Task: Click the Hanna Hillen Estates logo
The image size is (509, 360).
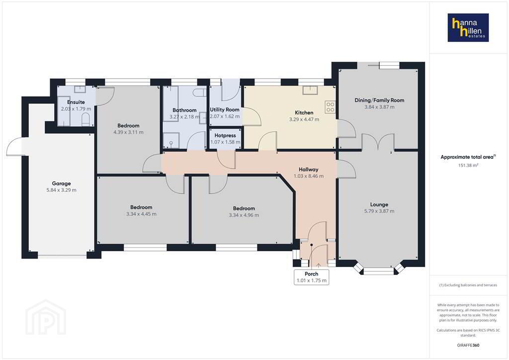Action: click(x=468, y=27)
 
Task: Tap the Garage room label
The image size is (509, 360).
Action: click(x=61, y=183)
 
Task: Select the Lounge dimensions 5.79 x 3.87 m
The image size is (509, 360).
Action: click(x=379, y=211)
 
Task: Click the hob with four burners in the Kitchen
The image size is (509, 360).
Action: click(x=330, y=107)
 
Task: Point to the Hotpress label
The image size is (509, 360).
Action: click(x=225, y=135)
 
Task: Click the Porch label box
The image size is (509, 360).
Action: click(x=311, y=277)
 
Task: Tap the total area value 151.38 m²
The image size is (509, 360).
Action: click(x=468, y=165)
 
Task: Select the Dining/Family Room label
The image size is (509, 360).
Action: click(x=379, y=100)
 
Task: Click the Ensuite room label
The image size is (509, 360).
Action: click(x=76, y=102)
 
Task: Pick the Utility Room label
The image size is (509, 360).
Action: click(x=225, y=110)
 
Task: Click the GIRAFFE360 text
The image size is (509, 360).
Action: click(x=468, y=345)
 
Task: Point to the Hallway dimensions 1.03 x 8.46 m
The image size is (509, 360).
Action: click(x=308, y=176)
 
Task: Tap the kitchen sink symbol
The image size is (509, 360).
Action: click(x=310, y=90)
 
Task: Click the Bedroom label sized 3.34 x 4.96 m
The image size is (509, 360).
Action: click(x=244, y=208)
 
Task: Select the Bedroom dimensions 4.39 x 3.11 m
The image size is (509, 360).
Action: click(x=128, y=132)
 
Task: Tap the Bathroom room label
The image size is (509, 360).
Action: click(x=184, y=110)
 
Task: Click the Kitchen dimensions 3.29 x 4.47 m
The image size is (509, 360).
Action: click(x=304, y=119)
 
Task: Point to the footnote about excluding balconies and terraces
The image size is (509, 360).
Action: click(x=468, y=285)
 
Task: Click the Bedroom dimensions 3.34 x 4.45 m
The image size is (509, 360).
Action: click(x=141, y=214)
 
